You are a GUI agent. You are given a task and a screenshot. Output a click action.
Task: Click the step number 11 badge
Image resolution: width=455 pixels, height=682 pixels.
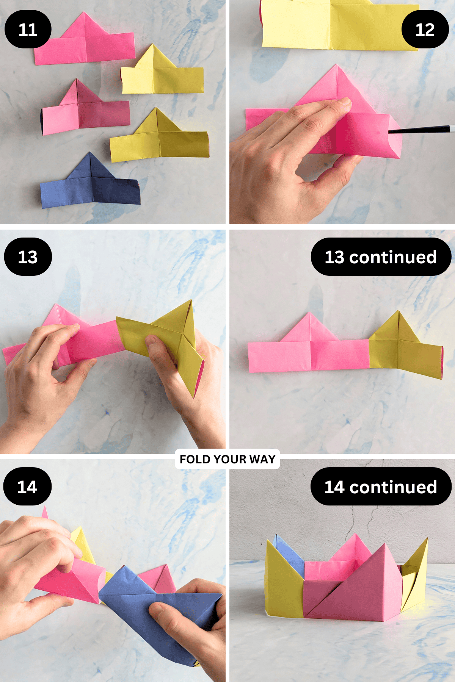(x=28, y=30)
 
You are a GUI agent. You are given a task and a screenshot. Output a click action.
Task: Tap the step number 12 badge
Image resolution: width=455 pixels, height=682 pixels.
(x=425, y=30)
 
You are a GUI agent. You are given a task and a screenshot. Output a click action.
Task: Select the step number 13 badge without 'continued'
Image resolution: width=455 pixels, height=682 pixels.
(x=28, y=257)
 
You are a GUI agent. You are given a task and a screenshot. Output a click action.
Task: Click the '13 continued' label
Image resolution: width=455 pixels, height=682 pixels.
(x=381, y=257)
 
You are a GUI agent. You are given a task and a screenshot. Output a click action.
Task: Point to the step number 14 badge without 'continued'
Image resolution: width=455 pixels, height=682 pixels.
(x=27, y=486)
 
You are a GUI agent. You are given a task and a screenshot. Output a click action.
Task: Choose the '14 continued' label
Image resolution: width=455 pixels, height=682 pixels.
(x=381, y=486)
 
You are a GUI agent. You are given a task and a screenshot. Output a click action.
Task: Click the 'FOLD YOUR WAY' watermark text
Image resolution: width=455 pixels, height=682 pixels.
(x=227, y=459)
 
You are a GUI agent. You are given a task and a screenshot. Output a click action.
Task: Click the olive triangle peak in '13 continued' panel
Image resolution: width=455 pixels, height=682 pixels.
(x=398, y=322)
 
